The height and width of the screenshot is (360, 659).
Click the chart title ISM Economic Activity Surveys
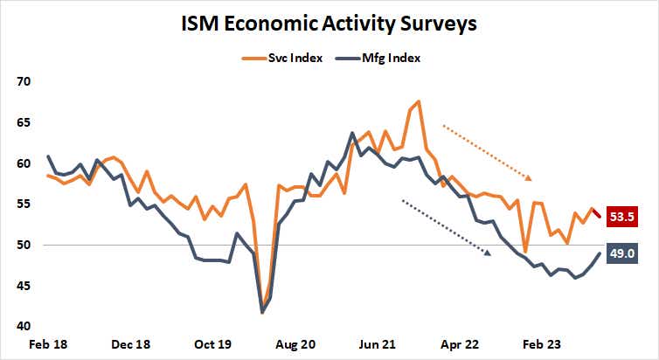click(329, 24)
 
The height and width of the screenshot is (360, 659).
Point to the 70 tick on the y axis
click(23, 81)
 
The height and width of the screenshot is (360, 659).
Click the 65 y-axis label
click(23, 122)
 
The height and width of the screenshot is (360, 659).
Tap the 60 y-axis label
click(23, 163)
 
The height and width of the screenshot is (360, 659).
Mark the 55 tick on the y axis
click(23, 204)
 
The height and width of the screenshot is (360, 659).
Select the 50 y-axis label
click(23, 245)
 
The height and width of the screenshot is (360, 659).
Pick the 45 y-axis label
click(23, 286)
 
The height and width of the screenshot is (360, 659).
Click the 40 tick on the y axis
click(23, 326)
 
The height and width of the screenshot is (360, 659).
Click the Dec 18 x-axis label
click(129, 345)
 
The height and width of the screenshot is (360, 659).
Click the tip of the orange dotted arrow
click(531, 179)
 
